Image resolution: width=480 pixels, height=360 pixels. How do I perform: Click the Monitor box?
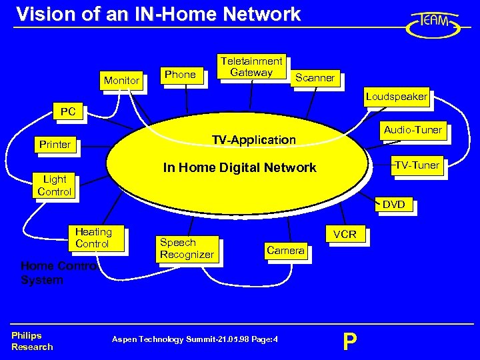click(121, 81)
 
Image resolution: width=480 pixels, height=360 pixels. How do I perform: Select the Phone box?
click(180, 75)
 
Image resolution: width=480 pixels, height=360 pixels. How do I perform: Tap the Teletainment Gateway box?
click(251, 67)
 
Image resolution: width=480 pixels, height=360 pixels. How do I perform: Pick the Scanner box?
click(315, 78)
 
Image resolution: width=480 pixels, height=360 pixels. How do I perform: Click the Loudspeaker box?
click(396, 97)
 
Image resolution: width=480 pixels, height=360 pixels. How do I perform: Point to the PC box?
click(68, 112)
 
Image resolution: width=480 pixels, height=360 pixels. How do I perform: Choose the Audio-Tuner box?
click(413, 130)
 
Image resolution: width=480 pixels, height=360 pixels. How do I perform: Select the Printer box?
click(55, 144)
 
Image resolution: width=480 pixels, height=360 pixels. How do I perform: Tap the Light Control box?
click(54, 185)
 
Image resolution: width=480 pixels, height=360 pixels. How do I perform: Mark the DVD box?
click(393, 205)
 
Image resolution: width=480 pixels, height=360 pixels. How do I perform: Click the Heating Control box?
click(93, 238)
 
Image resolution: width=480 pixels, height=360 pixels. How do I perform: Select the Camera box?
click(285, 251)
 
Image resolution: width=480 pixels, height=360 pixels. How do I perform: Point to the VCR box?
click(345, 235)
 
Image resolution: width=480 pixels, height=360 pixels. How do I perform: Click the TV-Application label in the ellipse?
click(253, 140)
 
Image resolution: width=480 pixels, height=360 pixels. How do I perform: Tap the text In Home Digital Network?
click(240, 167)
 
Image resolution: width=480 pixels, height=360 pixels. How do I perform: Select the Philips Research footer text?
click(32, 341)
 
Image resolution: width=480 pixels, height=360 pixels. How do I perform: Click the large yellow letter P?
click(349, 341)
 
